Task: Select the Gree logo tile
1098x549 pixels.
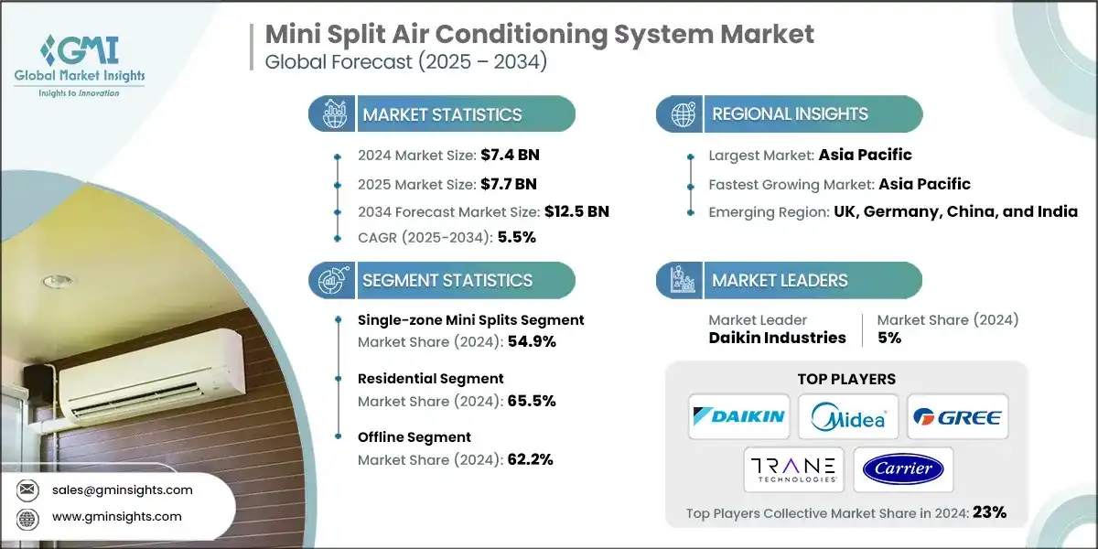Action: (x=956, y=416)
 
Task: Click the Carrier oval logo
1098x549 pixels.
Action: (x=902, y=469)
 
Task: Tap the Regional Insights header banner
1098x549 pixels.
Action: (x=790, y=114)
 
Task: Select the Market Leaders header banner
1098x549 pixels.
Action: (x=790, y=280)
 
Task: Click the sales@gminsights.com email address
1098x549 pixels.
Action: (x=123, y=490)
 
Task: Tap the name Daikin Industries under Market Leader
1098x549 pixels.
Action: (x=777, y=338)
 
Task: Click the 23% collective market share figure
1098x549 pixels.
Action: (x=990, y=512)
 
